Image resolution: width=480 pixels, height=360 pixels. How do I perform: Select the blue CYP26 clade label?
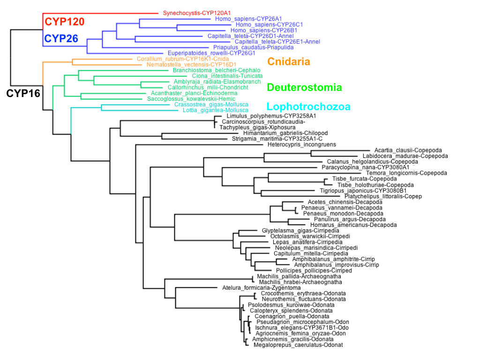pos(61,38)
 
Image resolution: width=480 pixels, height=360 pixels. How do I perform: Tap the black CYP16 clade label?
pos(23,94)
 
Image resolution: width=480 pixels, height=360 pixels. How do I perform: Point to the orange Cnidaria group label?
pos(289,62)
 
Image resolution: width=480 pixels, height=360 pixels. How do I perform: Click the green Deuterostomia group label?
pos(304,87)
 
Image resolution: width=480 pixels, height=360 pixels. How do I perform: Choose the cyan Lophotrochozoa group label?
pos(308,107)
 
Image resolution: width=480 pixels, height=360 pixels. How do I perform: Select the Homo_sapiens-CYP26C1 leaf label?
pos(270,24)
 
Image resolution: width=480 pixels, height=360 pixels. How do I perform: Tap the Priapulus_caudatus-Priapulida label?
pos(253,47)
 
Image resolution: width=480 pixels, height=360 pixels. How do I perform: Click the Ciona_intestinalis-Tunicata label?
pos(227,76)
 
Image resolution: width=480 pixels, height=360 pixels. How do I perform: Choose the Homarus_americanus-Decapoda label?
pos(347,225)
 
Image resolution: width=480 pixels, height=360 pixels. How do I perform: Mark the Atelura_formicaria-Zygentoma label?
pos(258,288)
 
